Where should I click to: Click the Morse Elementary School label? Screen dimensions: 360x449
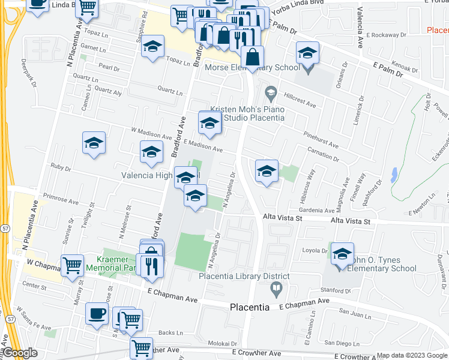(252, 67)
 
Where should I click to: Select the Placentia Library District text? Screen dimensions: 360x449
(244, 277)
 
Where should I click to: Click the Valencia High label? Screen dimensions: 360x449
(148, 176)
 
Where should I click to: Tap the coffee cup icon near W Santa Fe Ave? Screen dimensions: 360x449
(97, 313)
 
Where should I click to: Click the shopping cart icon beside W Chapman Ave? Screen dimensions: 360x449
(73, 264)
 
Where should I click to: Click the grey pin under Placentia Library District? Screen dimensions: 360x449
(276, 290)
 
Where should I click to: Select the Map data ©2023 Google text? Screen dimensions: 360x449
(411, 355)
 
